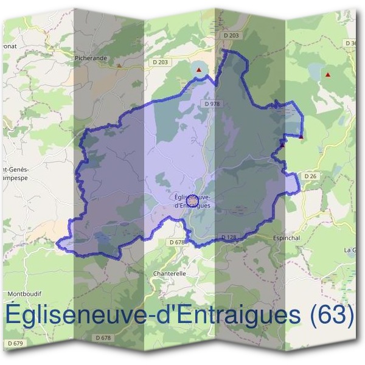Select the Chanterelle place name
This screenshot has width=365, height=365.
(170, 274)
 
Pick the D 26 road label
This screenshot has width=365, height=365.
(310, 176)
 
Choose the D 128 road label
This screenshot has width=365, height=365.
(229, 237)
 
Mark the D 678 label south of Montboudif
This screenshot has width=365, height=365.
(103, 337)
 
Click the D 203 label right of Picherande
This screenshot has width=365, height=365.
(161, 62)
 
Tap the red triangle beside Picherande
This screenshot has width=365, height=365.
(120, 64)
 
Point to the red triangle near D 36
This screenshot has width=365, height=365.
(328, 75)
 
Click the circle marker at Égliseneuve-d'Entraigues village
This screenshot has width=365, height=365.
(191, 200)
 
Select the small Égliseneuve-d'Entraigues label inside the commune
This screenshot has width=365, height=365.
(192, 201)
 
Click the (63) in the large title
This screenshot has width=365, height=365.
(332, 315)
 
